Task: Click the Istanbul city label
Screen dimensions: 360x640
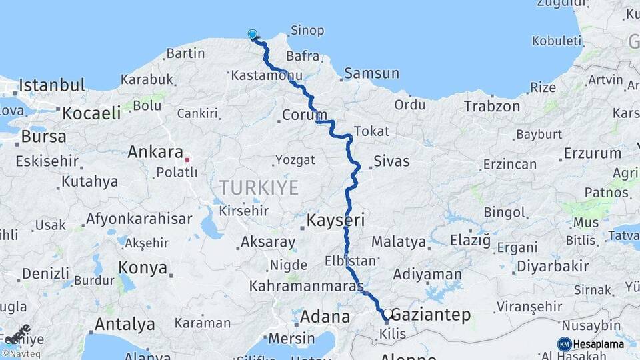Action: tap(52, 85)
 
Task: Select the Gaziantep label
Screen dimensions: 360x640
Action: tap(431, 315)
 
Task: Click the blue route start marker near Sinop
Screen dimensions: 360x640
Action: tap(253, 34)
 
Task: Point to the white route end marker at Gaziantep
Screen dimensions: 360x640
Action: tap(387, 313)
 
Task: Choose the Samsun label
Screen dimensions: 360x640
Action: tap(372, 73)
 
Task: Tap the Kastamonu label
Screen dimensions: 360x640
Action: tap(257, 77)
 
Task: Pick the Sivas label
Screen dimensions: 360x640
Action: tap(391, 161)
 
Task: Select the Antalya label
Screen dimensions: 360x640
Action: tap(124, 325)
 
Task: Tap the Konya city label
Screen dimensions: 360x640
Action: tap(143, 268)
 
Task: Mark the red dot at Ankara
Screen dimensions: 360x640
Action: tap(187, 160)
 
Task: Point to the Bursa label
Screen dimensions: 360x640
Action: tap(44, 137)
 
